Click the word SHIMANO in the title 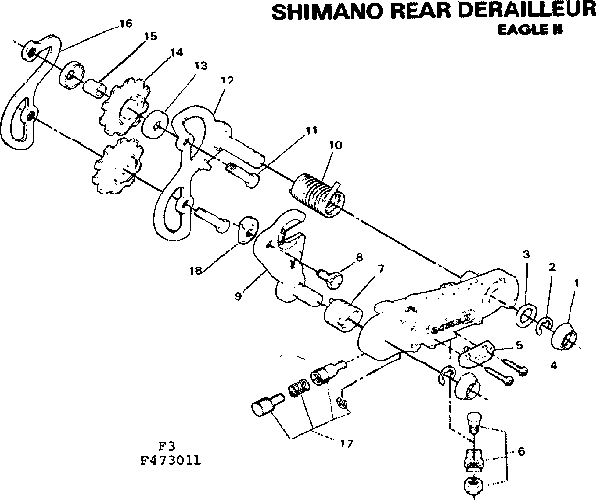pos(311,13)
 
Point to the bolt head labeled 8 pos(334,278)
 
